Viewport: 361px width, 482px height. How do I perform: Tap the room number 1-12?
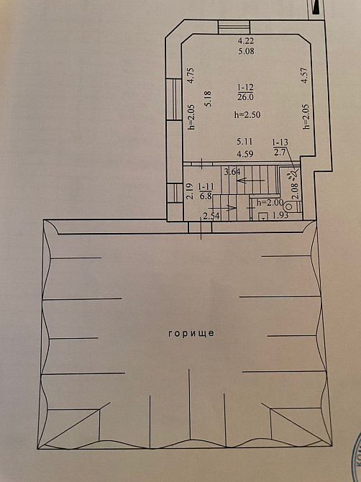[246, 88]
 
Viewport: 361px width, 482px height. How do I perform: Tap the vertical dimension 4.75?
[191, 76]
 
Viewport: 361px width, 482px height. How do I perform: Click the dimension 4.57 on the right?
[304, 76]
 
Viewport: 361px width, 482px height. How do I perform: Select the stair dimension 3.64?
[232, 172]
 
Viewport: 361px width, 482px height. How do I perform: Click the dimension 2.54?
[211, 216]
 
